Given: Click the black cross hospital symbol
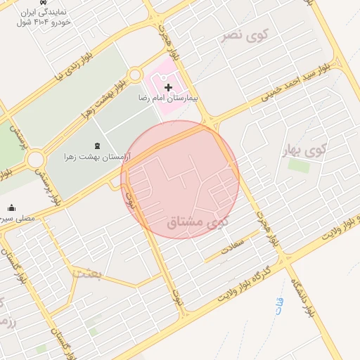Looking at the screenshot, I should coord(167,86).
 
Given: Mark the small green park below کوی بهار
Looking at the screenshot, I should coord(298,166).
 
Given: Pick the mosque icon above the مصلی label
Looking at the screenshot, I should coord(12,207).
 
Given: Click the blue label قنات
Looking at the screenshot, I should coord(279,304).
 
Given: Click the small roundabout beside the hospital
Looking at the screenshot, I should coord(136,74).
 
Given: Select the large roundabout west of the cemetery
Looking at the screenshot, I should coord(35,160).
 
